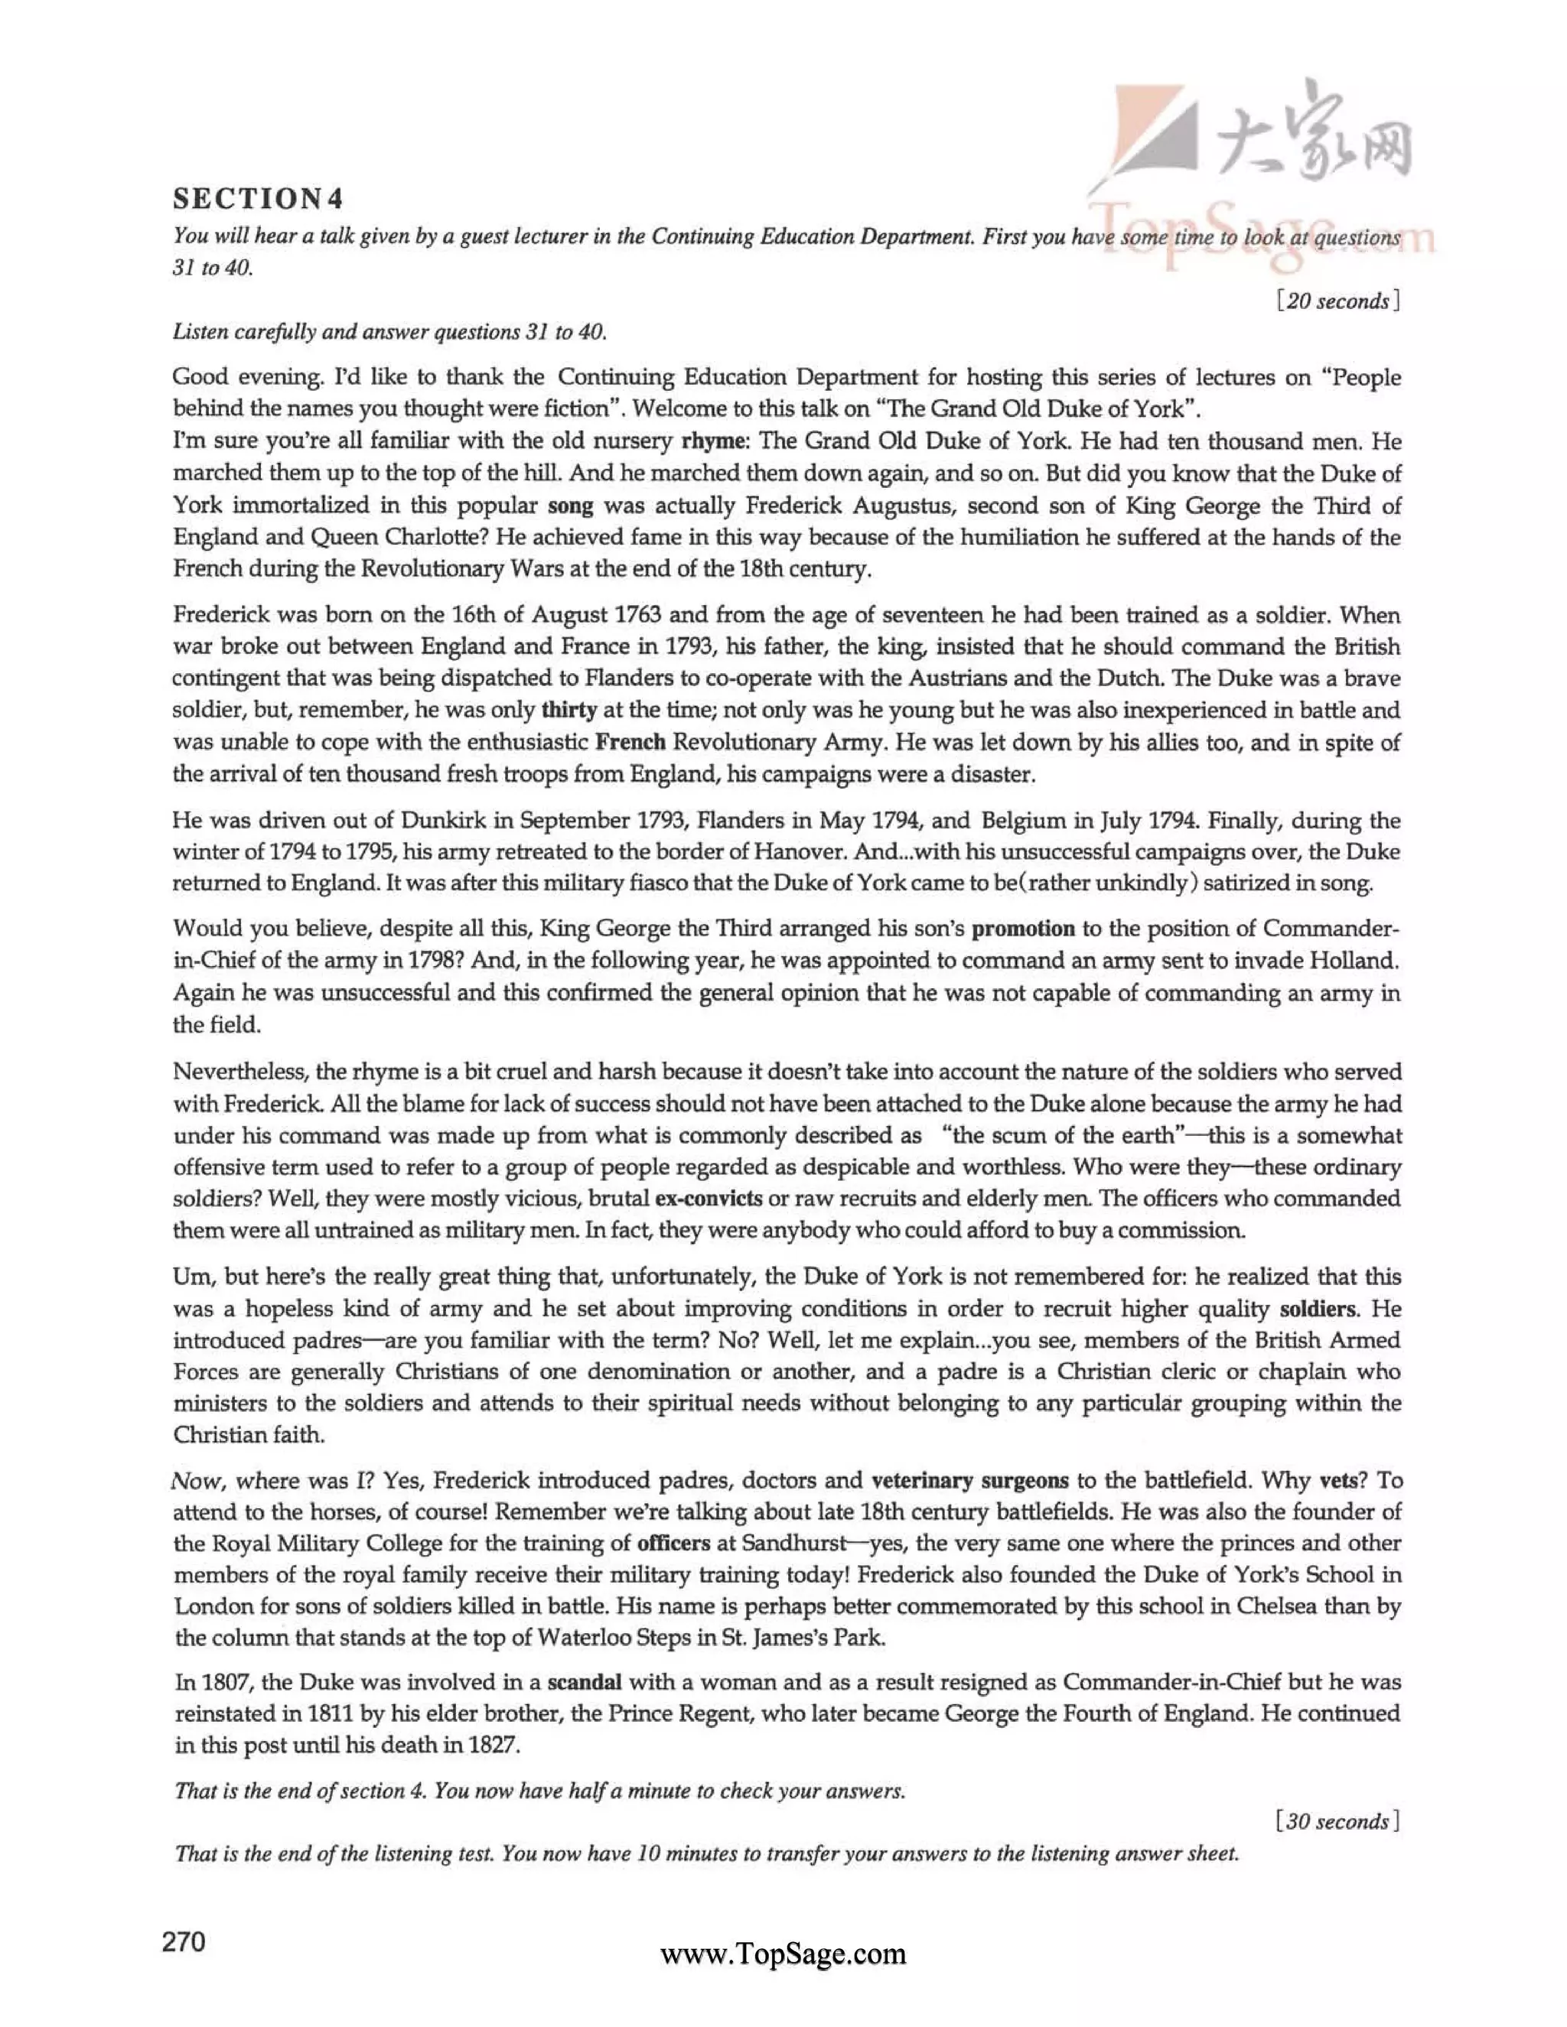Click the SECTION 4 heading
coord(258,199)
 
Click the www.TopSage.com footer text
coord(783,1954)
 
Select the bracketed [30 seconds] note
coord(1337,1822)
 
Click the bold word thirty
coord(568,711)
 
